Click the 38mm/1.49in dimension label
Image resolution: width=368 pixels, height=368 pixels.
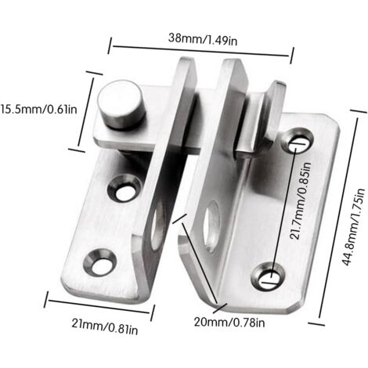203,39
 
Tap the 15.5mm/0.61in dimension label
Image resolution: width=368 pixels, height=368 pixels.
38,109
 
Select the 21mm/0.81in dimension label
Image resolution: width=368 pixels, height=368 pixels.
105,327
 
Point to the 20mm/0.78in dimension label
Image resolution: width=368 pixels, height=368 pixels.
229,323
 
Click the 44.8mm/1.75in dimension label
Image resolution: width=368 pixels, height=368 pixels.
353,226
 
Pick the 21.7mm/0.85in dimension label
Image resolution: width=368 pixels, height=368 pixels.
300,200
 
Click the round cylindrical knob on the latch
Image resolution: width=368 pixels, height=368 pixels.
121,104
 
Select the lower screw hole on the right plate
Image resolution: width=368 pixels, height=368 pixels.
268,276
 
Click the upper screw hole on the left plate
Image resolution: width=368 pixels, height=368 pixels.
124,188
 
